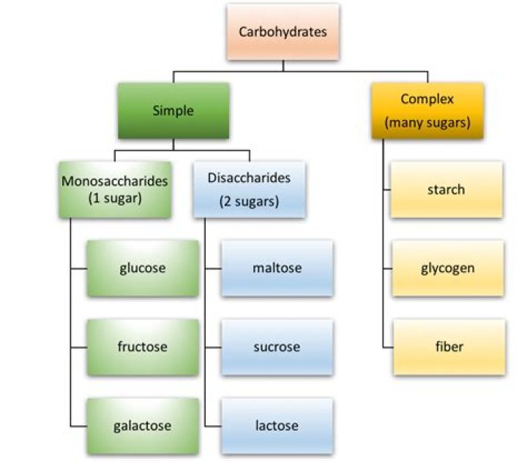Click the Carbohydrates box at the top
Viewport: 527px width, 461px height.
(x=283, y=32)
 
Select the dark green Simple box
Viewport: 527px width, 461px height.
(x=173, y=111)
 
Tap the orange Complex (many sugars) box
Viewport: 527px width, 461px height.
(x=427, y=110)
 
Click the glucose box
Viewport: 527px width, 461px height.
(x=142, y=268)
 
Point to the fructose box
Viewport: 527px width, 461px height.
(x=142, y=346)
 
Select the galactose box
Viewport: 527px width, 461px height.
(x=142, y=424)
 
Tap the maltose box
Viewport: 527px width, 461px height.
(x=277, y=268)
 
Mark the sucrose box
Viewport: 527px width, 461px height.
(x=277, y=346)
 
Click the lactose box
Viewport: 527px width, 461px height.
(x=277, y=424)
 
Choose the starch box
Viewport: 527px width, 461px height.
(x=446, y=190)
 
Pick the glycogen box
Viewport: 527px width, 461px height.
(x=446, y=268)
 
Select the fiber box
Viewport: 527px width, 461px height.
(x=446, y=346)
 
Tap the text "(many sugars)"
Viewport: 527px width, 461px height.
(x=427, y=122)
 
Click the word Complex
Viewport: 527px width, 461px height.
(x=427, y=98)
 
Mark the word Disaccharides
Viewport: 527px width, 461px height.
(x=249, y=177)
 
